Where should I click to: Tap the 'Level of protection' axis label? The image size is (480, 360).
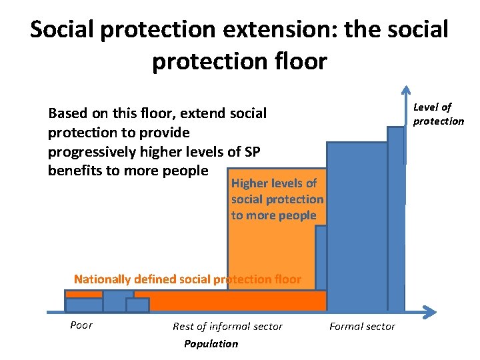tap(438, 114)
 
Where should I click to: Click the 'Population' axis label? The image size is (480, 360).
tap(211, 344)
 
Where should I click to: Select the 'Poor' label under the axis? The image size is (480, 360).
tap(81, 325)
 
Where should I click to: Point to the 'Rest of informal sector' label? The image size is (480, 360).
tap(227, 326)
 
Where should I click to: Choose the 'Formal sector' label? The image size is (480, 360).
tap(362, 326)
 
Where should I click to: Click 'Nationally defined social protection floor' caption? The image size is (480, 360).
tap(187, 279)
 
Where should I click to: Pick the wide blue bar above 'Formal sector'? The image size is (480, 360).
tap(356, 227)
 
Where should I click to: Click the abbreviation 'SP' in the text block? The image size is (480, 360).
tap(251, 151)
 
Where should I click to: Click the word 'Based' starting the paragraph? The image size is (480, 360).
tap(68, 113)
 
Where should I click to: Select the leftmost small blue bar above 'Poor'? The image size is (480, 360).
tap(83, 305)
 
